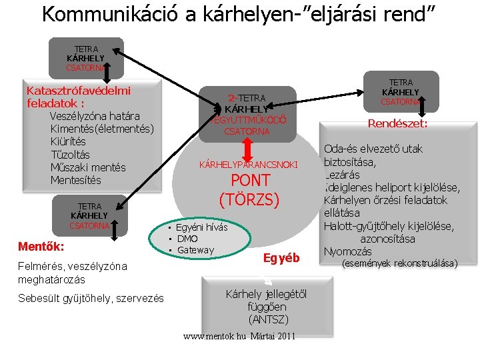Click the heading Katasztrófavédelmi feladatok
click(x=78, y=97)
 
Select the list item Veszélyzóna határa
click(x=94, y=116)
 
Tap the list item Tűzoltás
click(x=71, y=154)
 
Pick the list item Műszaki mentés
click(x=87, y=167)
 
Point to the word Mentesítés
click(x=75, y=180)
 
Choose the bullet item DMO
click(x=187, y=239)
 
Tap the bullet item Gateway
click(x=195, y=250)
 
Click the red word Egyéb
click(x=281, y=258)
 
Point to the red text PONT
click(x=250, y=181)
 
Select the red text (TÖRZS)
click(x=249, y=199)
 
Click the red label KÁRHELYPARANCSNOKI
click(x=249, y=164)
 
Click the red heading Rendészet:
click(x=397, y=123)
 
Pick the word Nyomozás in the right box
click(x=347, y=251)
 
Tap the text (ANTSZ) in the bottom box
click(x=257, y=319)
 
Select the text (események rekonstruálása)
click(x=399, y=263)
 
